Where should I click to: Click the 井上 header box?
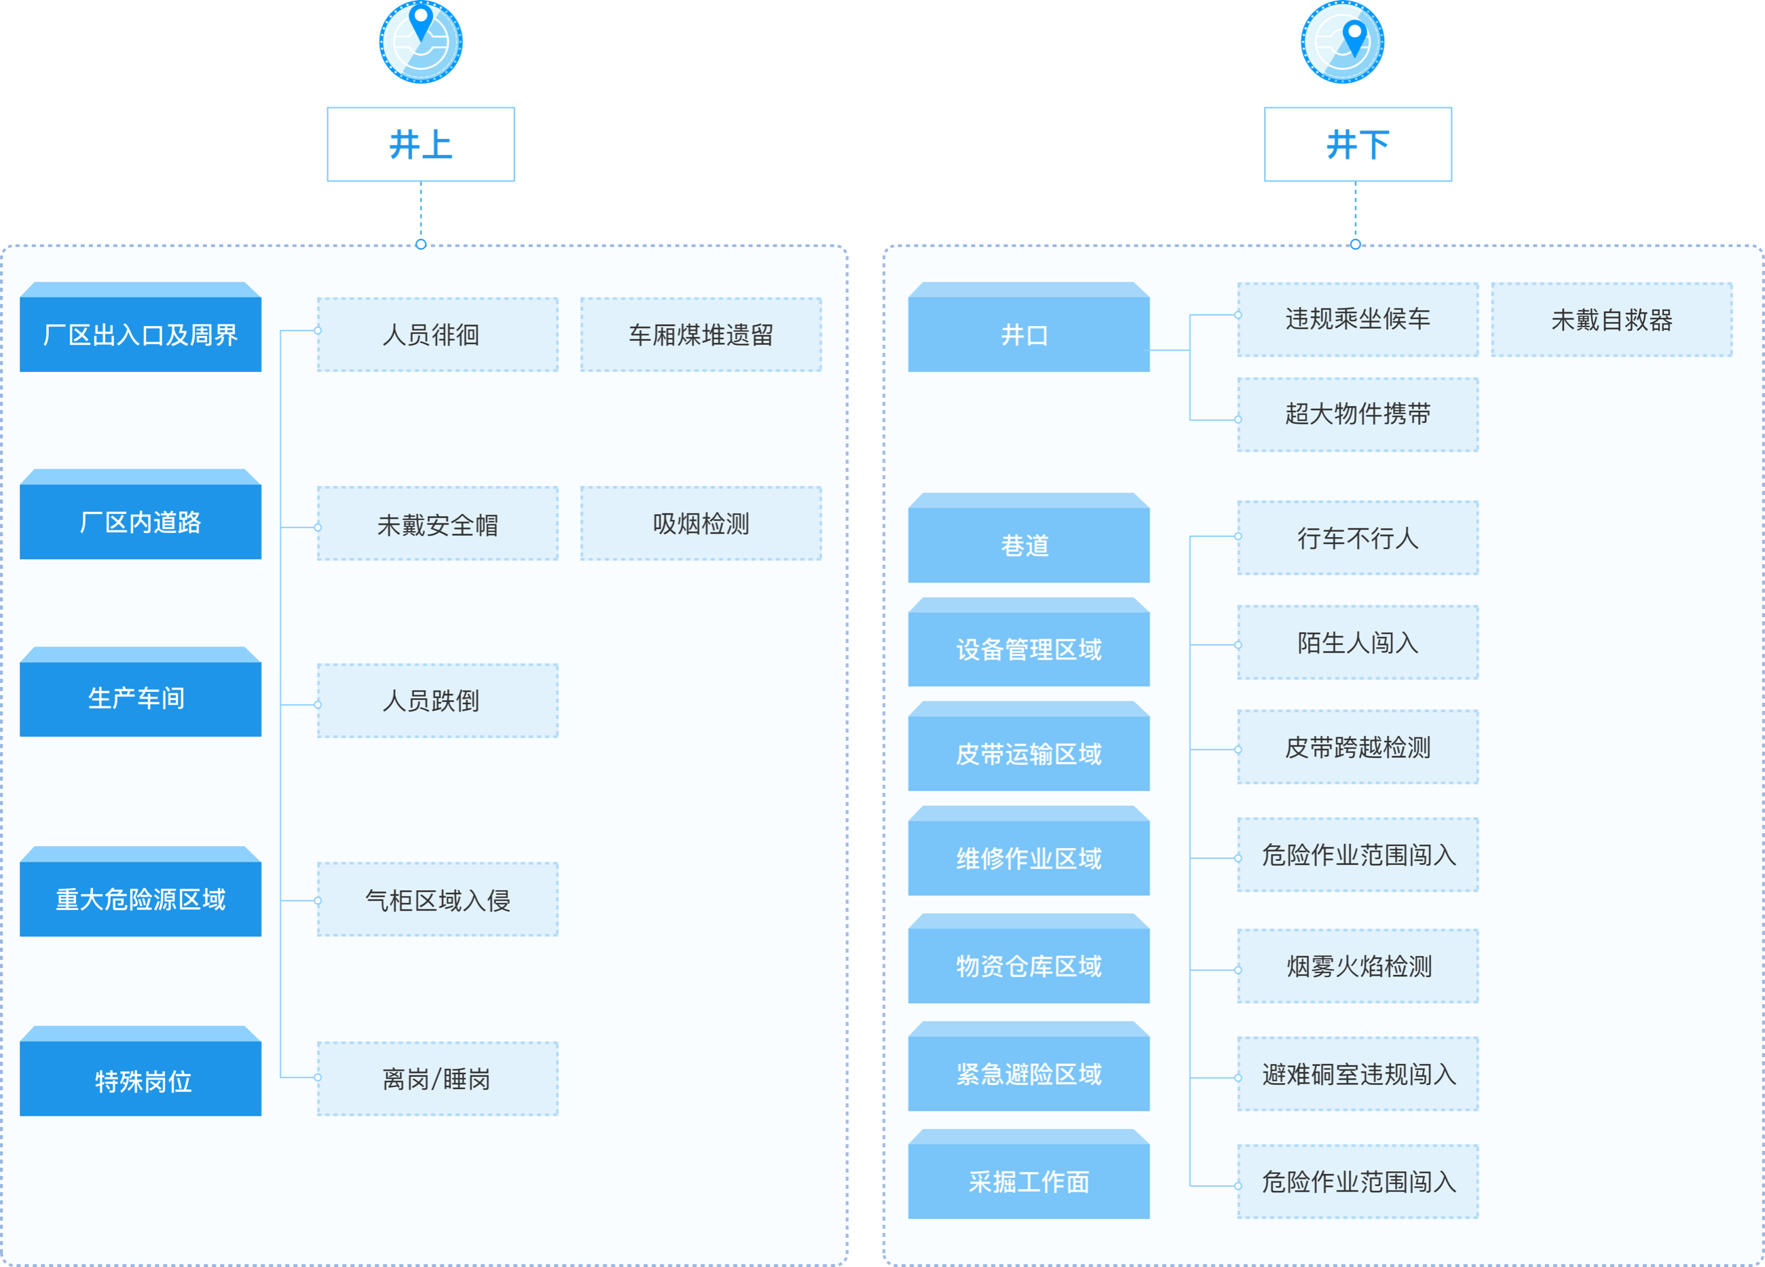420,145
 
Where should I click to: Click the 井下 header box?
1357,145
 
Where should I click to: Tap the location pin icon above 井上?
420,41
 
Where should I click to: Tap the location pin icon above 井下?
1343,41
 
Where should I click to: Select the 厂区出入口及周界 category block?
140,334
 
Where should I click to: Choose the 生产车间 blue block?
140,698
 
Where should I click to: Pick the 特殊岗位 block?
140,1080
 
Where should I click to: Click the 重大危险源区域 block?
140,899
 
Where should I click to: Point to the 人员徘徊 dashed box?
437,335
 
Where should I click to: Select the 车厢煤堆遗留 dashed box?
701,335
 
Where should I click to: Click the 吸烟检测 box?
701,524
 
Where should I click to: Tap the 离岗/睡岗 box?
437,1079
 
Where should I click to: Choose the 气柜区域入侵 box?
437,900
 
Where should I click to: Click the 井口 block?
1028,334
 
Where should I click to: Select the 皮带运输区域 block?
1028,752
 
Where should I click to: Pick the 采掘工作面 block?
1028,1181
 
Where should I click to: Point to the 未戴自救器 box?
1611,320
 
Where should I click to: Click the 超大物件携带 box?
1357,414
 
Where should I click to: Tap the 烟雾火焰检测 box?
1357,966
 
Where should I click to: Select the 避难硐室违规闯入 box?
1357,1074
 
